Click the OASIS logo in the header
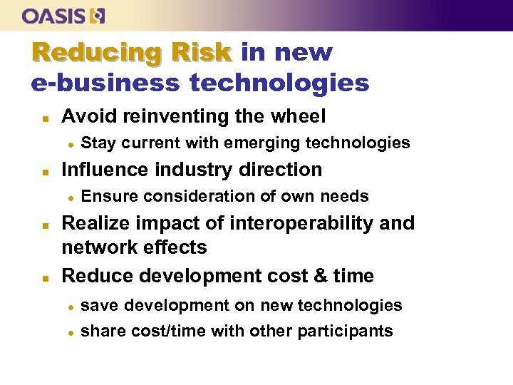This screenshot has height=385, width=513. (x=63, y=15)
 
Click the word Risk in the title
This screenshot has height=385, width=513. (x=200, y=53)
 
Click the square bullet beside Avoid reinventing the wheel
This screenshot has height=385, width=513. (x=44, y=117)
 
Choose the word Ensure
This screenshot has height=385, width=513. (x=108, y=196)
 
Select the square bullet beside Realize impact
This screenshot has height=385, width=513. (x=44, y=224)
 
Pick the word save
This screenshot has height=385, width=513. (x=98, y=306)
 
